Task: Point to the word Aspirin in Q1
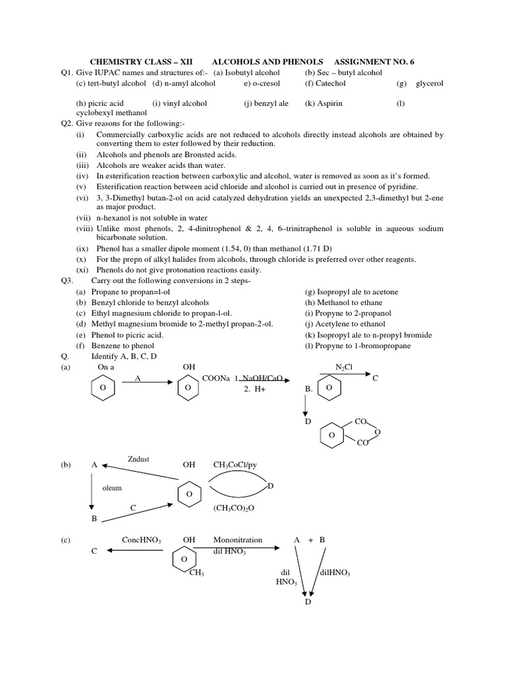click(x=328, y=103)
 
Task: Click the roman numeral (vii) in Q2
click(x=84, y=218)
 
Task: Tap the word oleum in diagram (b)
click(x=112, y=488)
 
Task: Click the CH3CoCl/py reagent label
click(x=235, y=465)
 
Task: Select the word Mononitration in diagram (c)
click(x=237, y=540)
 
